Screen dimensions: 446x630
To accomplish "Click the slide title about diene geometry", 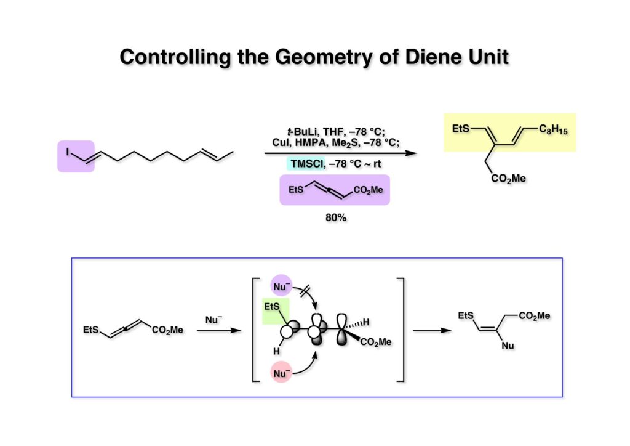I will coord(314,57).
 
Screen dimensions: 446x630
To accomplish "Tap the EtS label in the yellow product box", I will coord(461,128).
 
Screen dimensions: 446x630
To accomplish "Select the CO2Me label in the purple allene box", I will coord(368,190).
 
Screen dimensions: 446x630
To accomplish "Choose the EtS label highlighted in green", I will coord(275,306).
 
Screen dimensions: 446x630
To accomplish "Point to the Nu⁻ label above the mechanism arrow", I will coord(212,320).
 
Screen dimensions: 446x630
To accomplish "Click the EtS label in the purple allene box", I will coord(297,190).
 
